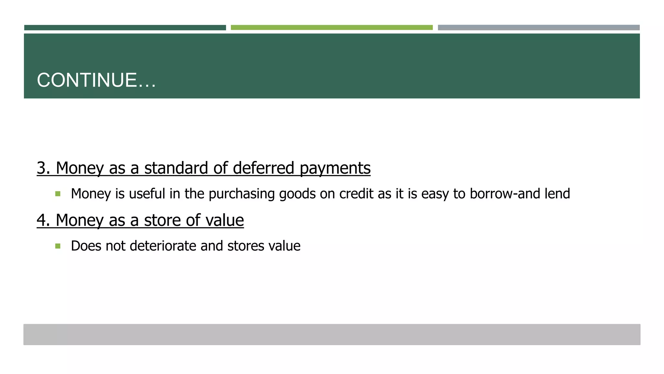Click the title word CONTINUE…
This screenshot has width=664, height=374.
[96, 80]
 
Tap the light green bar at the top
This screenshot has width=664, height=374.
[331, 28]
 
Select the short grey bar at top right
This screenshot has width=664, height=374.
[539, 28]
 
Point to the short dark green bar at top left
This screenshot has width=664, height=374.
[125, 28]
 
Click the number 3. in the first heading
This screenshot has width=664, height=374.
[43, 168]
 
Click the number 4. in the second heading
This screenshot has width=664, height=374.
[43, 220]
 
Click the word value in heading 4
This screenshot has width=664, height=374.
[225, 220]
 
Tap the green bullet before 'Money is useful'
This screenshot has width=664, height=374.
[58, 194]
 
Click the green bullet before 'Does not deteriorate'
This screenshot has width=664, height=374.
[58, 246]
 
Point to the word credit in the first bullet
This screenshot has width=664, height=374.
[356, 194]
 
